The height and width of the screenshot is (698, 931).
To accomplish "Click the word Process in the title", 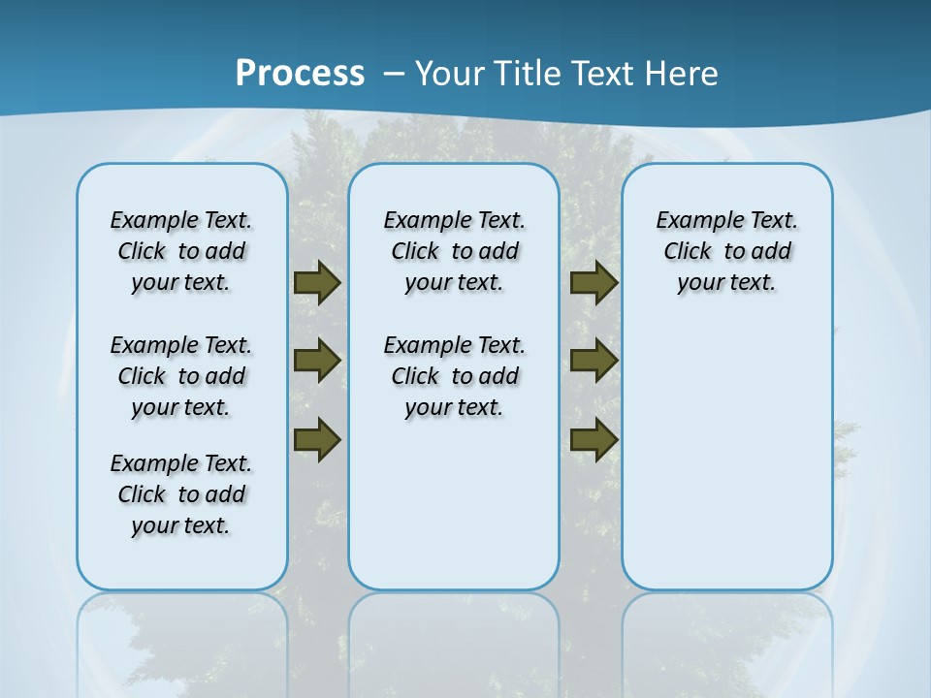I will (x=300, y=73).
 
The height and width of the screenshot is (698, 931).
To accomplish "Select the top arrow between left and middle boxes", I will (x=316, y=283).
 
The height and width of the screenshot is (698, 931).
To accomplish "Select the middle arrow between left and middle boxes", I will (x=316, y=361).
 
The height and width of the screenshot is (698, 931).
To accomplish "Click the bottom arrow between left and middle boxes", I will (x=316, y=439).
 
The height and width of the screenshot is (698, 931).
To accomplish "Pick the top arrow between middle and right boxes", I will (x=594, y=283).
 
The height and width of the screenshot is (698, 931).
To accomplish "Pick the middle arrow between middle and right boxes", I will (x=594, y=361).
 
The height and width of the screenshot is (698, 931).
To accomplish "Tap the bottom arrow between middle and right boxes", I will (x=594, y=439).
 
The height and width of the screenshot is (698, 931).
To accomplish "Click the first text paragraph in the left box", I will (x=181, y=251).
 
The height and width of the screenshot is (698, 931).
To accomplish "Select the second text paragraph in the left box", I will (x=181, y=376).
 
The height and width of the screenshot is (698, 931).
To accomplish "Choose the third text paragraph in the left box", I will (x=181, y=494).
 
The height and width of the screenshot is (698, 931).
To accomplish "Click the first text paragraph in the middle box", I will (x=454, y=251).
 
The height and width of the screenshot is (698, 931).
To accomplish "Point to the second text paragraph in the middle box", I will (x=454, y=376).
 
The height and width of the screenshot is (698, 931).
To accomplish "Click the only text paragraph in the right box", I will (x=726, y=251).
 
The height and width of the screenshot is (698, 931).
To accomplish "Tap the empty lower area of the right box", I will (x=726, y=465).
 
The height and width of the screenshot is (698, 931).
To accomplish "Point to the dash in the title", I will (x=394, y=74).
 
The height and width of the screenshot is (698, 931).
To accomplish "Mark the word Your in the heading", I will (x=450, y=74).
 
